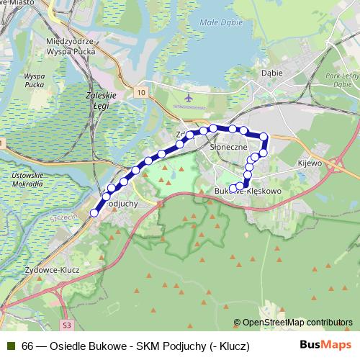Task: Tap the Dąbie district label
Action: [272, 73]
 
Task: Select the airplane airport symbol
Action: [188, 96]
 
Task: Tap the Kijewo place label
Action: [310, 164]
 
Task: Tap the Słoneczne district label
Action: [228, 146]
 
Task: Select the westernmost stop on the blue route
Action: [94, 213]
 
